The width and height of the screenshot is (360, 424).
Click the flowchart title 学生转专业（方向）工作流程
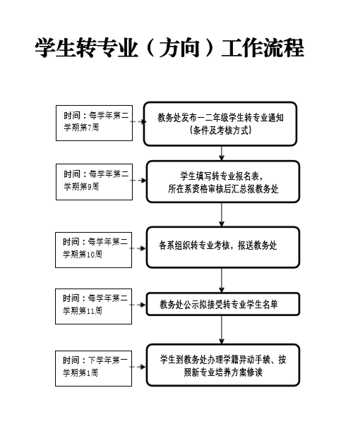(x=169, y=48)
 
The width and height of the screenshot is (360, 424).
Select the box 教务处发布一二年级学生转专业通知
(x=220, y=124)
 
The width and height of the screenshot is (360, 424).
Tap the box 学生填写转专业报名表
(x=223, y=182)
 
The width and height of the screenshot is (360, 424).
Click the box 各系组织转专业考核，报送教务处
(x=223, y=248)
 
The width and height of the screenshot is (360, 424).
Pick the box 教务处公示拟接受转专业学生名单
(x=223, y=304)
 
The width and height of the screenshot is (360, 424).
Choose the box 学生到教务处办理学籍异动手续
(x=223, y=365)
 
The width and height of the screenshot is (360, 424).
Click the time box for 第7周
(x=94, y=123)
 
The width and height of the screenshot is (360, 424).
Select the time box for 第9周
(x=94, y=182)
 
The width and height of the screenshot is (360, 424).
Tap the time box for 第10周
(x=94, y=250)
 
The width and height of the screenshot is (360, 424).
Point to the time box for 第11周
(x=94, y=306)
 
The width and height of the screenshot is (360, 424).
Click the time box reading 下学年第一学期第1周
(x=94, y=368)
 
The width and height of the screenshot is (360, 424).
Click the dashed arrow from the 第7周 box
(x=138, y=121)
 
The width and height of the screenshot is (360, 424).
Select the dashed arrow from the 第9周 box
(x=138, y=181)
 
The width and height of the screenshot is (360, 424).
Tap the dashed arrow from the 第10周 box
(x=138, y=248)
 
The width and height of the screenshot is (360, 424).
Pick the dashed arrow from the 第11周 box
(x=138, y=305)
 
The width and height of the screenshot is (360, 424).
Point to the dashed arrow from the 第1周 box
(x=138, y=367)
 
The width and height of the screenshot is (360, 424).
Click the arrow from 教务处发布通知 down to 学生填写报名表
(x=222, y=153)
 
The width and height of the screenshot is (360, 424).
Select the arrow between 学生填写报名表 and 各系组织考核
(x=222, y=214)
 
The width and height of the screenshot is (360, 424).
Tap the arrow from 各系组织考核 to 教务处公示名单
(x=222, y=280)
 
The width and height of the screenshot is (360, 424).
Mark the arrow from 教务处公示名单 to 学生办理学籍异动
(x=222, y=330)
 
